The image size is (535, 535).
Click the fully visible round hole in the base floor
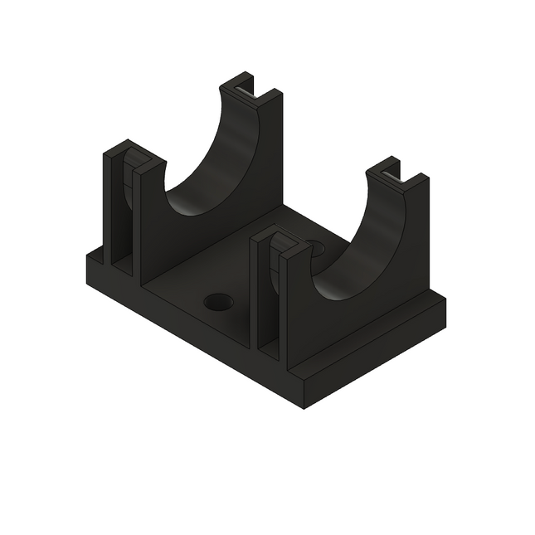(219, 302)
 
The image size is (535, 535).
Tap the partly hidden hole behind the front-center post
(317, 247)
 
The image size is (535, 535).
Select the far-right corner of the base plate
(445, 299)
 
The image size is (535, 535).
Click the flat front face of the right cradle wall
(332, 332)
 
